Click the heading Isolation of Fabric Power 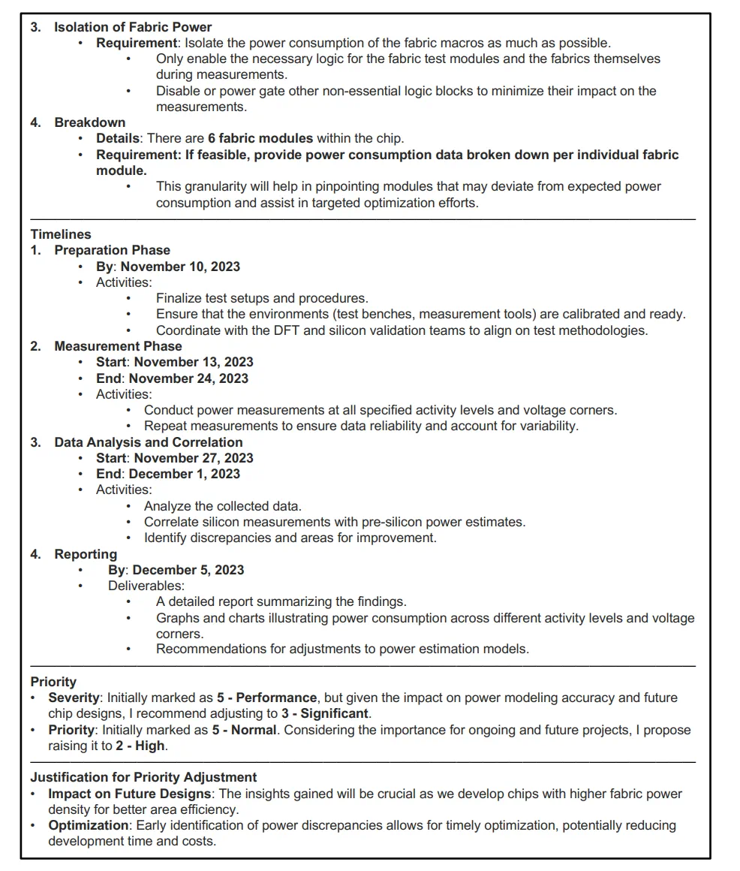(133, 27)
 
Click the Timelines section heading (61, 234)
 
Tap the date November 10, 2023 (180, 267)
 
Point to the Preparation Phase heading (112, 250)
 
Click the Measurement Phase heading (118, 346)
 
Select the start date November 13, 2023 (194, 362)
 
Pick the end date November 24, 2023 (188, 378)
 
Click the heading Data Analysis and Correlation (148, 442)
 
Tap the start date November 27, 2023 (194, 458)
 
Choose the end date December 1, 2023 (185, 474)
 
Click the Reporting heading (86, 554)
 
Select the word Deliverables (146, 586)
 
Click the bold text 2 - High (138, 746)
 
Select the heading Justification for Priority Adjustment (143, 777)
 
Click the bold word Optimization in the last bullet (89, 825)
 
